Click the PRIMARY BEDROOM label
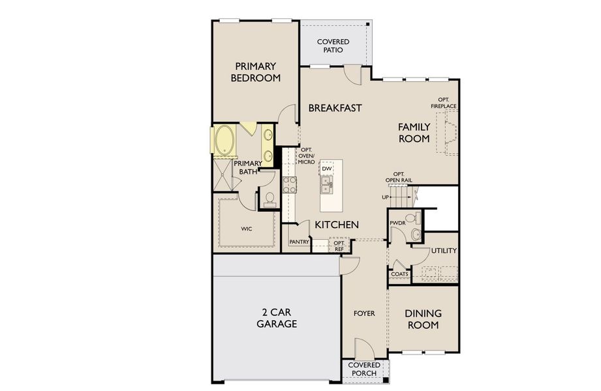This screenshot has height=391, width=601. point(256,72)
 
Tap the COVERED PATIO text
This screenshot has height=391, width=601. point(333,46)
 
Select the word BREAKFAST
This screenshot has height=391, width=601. point(335,108)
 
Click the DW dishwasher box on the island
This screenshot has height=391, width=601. point(327,169)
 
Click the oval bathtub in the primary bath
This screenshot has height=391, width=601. point(224,140)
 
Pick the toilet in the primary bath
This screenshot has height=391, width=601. point(268,198)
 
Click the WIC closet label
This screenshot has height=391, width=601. point(246,229)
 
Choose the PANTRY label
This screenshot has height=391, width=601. point(299,242)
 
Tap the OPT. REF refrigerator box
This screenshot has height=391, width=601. point(339,245)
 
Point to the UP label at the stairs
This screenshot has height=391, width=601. point(386,197)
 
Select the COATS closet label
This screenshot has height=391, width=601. point(399,274)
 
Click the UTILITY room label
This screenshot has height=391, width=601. point(444,251)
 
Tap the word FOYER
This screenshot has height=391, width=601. point(364,313)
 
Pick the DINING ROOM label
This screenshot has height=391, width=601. point(423,319)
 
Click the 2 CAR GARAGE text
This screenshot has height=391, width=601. point(277,317)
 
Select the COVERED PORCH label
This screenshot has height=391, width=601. point(363,369)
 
